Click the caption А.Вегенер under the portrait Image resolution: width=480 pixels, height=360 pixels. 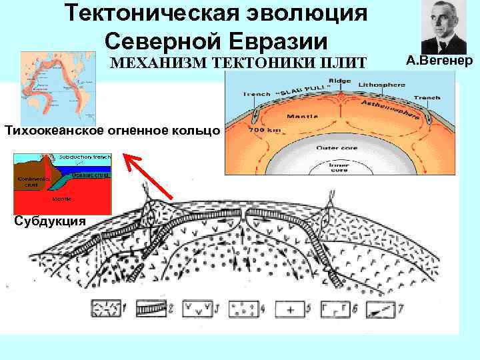pyautogui.click(x=439, y=62)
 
